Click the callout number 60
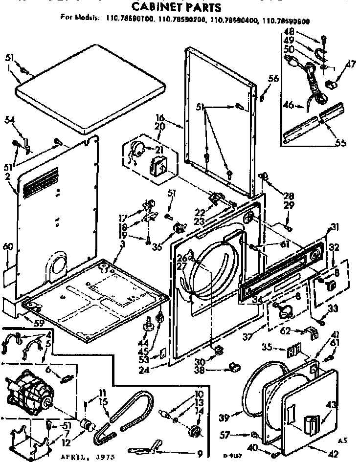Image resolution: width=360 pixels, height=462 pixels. (x=7, y=248)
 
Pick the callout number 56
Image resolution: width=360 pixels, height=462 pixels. (x=273, y=78)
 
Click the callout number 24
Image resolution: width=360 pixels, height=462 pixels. (x=157, y=364)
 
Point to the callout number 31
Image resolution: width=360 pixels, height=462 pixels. (x=335, y=226)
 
